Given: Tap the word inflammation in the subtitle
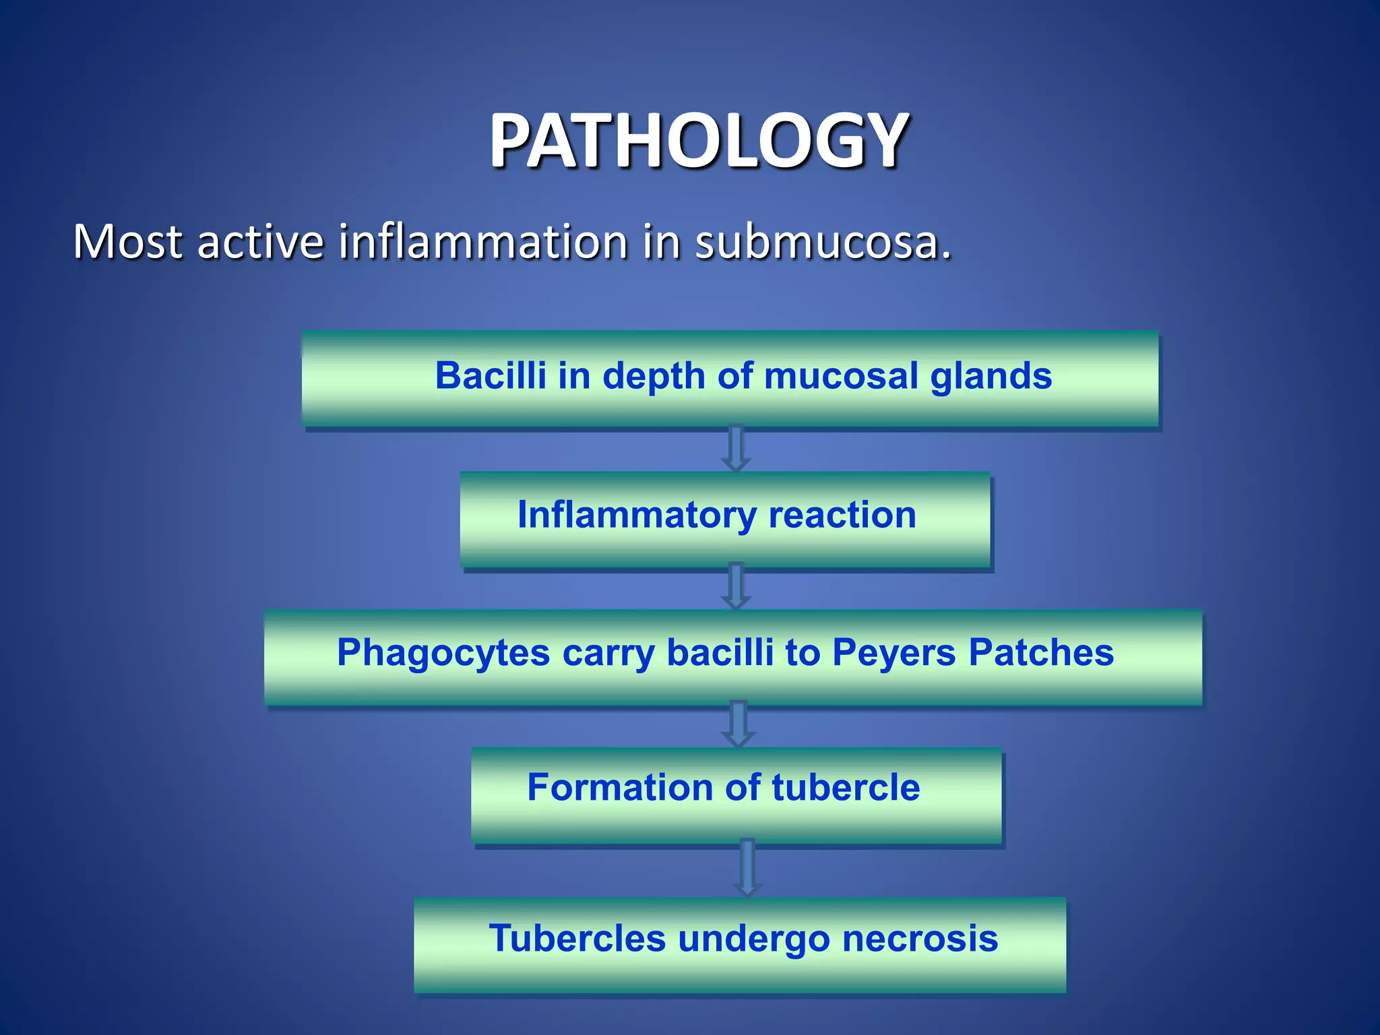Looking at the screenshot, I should pyautogui.click(x=483, y=242).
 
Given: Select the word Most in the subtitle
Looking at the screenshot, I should pyautogui.click(x=127, y=242).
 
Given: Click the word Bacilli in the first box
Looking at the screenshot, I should pyautogui.click(x=490, y=375).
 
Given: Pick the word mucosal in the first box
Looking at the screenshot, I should pyautogui.click(x=841, y=375).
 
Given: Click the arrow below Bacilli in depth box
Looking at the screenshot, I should pyautogui.click(x=736, y=449).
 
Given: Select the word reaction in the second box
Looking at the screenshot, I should pyautogui.click(x=842, y=515).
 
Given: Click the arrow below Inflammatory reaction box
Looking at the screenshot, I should pyautogui.click(x=736, y=586).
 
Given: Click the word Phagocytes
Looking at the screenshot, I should pyautogui.click(x=443, y=654).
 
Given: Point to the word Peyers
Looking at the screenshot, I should pyautogui.click(x=893, y=654).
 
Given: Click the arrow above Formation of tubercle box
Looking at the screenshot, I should pyautogui.click(x=738, y=724).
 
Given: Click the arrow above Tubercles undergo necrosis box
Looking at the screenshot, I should pyautogui.click(x=747, y=868).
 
